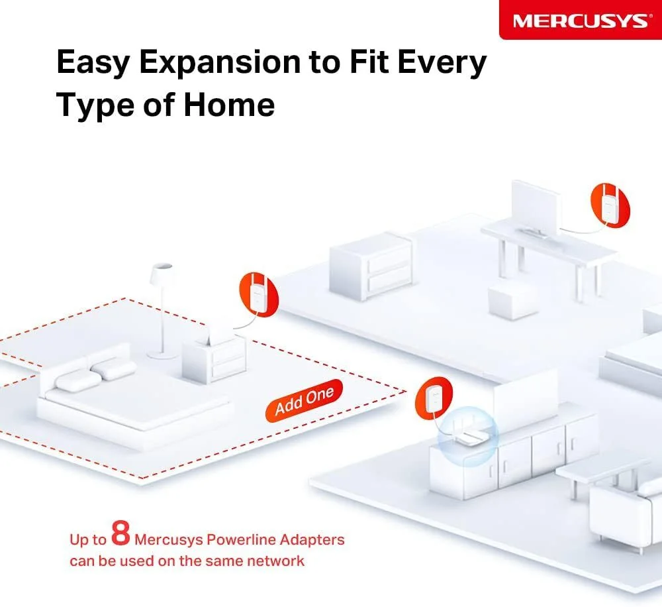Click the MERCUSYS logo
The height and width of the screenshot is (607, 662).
580,21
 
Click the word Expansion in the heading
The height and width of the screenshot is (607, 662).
220,63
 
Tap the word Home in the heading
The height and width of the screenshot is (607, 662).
229,105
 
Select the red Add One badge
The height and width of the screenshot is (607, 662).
304,400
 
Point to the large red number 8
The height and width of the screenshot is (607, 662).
120,533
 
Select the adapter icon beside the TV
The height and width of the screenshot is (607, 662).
610,205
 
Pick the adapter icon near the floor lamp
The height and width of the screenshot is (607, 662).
259,294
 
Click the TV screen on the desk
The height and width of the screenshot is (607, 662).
536,208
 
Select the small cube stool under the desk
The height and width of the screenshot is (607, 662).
512,302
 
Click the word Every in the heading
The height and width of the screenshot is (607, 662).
442,63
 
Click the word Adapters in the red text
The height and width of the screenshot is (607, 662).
312,540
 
